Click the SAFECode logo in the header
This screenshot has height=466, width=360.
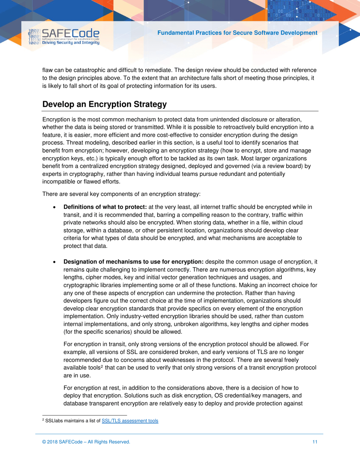(64, 37)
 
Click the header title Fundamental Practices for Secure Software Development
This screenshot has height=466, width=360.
(237, 33)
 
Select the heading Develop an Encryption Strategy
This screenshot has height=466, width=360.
(105, 104)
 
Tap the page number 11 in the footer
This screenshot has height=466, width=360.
(315, 442)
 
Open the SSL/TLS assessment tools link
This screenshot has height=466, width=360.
(130, 421)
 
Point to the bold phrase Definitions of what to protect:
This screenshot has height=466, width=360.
(105, 207)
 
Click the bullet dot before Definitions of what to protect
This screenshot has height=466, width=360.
(56, 208)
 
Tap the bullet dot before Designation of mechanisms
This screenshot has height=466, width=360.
(56, 263)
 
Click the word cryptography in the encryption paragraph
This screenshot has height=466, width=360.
(78, 174)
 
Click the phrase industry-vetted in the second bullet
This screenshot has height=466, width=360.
(114, 316)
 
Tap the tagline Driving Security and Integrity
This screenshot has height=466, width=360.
(71, 42)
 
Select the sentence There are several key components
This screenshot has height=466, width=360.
(121, 194)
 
